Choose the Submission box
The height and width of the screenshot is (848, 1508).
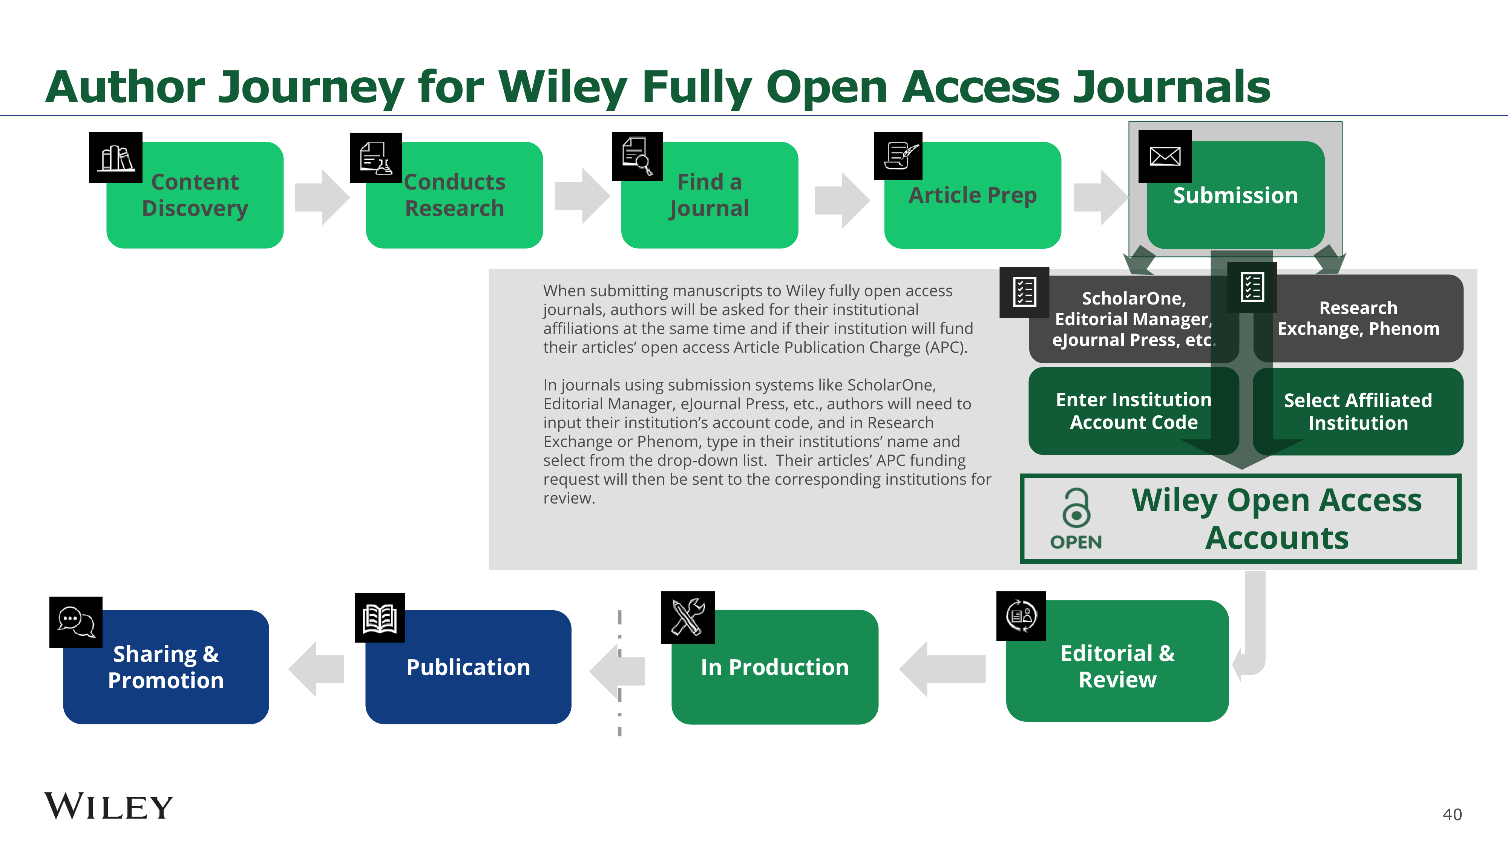pos(1235,196)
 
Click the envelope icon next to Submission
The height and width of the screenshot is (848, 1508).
pos(1165,156)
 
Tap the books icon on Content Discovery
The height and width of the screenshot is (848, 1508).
pos(116,158)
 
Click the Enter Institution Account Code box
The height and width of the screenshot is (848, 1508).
pos(1133,411)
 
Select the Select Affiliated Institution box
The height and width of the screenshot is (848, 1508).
pos(1358,412)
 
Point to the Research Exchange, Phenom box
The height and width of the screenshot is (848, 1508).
pos(1358,318)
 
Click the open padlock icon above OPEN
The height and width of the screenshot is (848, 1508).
pos(1076,507)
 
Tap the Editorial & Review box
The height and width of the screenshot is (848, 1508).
pos(1117,666)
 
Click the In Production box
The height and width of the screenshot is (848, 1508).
pos(774,667)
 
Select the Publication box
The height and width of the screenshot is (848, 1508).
pos(468,667)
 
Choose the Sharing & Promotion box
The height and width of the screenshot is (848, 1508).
pos(166,667)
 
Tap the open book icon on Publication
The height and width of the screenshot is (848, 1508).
pos(380,618)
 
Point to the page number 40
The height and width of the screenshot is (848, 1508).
pos(1452,814)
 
